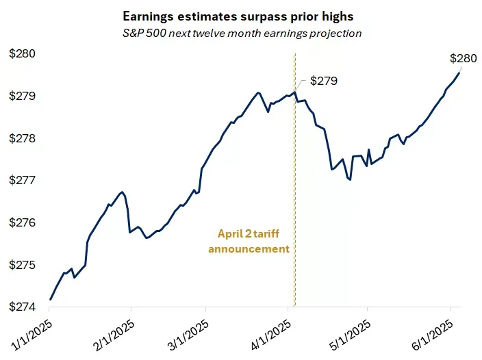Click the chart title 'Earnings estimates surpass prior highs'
[240, 15]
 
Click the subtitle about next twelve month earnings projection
[240, 33]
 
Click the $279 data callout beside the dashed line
[324, 81]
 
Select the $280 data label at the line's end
[463, 59]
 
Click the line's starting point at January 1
[51, 299]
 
